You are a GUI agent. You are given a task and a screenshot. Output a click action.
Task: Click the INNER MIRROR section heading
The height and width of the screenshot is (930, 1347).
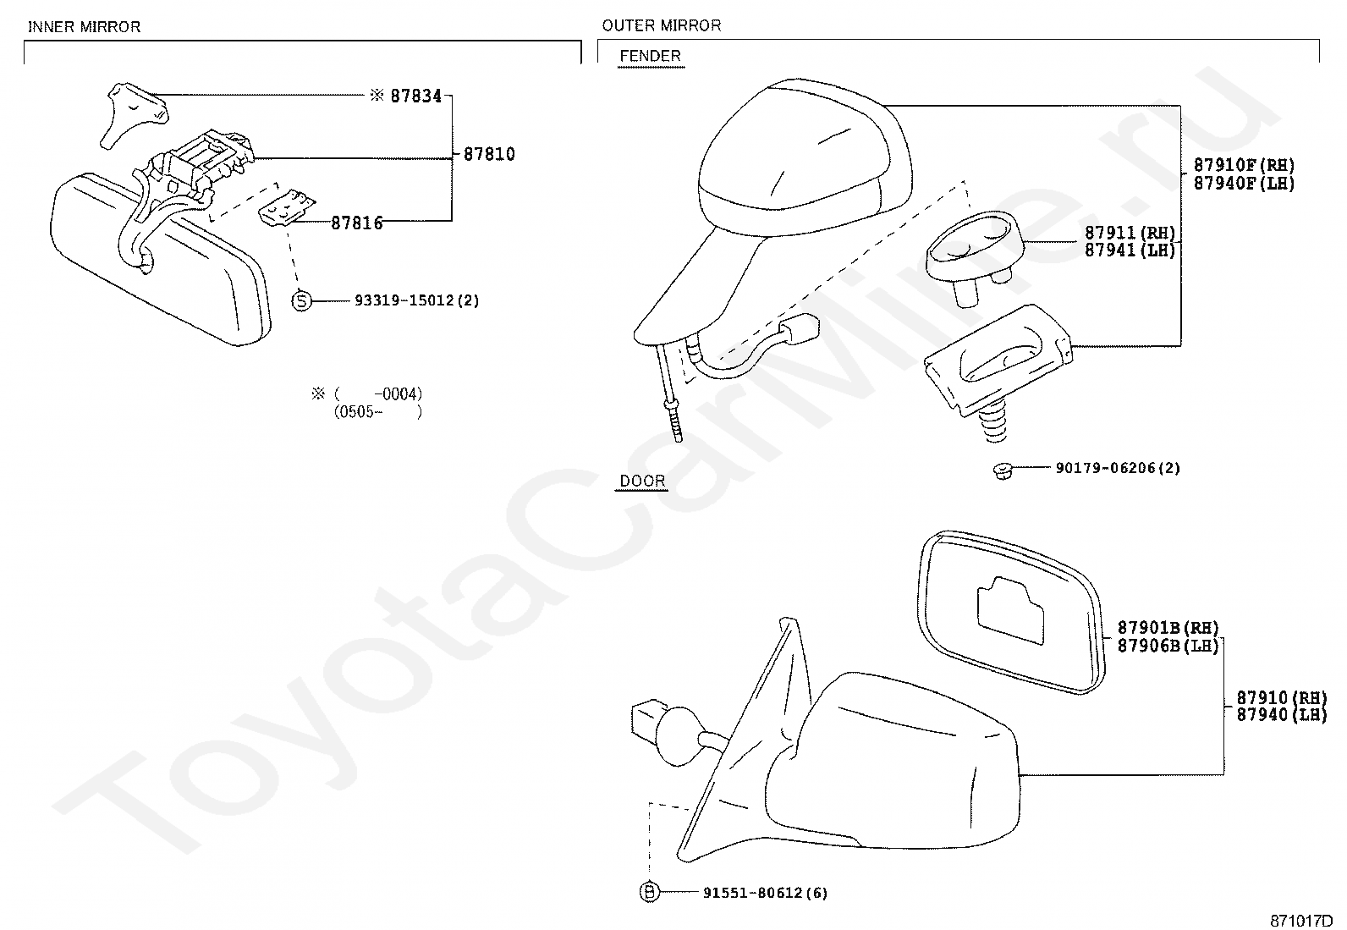(x=84, y=26)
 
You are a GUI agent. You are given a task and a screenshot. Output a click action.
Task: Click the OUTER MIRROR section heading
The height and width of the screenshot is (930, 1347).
(x=661, y=25)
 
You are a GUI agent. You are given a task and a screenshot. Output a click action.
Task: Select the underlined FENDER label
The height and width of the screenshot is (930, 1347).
(x=650, y=56)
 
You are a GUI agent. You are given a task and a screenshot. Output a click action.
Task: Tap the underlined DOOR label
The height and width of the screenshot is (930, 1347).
(x=642, y=481)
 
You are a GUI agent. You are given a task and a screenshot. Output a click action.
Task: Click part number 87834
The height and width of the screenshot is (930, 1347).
(x=415, y=96)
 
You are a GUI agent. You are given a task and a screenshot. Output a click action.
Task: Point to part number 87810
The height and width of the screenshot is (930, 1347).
(x=489, y=155)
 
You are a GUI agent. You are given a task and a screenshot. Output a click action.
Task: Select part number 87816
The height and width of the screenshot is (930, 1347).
(x=356, y=223)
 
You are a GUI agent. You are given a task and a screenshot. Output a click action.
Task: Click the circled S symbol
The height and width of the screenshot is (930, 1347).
(x=302, y=300)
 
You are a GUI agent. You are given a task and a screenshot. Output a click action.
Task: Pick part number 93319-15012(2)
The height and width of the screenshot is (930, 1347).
(x=417, y=300)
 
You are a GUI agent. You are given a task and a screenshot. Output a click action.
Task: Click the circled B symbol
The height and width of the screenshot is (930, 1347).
(x=649, y=892)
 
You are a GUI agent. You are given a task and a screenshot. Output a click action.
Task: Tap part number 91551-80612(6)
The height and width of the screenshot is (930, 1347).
(x=764, y=892)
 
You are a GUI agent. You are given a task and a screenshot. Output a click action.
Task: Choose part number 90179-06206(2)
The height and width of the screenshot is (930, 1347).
(x=1117, y=467)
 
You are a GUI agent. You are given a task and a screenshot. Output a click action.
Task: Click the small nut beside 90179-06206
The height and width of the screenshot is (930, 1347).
(x=1002, y=470)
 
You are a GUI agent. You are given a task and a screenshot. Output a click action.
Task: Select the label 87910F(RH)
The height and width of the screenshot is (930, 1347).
(x=1244, y=165)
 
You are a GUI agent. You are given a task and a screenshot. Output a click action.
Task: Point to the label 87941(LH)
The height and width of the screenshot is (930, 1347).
(x=1130, y=250)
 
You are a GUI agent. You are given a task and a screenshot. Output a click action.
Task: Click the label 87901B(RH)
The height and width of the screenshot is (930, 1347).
(x=1168, y=628)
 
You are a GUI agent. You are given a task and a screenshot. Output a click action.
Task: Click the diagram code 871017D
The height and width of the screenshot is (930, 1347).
(x=1300, y=920)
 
